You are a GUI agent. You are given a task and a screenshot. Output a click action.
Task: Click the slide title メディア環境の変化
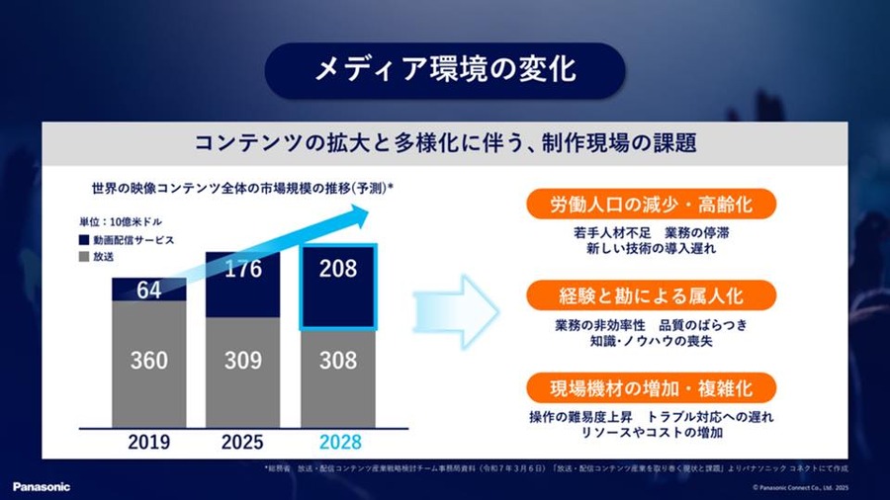[444, 70]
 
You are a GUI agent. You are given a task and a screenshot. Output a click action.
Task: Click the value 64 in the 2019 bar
[148, 290]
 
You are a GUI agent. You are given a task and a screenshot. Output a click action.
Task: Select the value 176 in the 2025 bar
[243, 270]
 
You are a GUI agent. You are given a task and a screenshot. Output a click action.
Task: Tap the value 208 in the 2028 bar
[338, 267]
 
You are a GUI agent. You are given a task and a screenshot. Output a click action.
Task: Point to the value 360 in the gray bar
[148, 360]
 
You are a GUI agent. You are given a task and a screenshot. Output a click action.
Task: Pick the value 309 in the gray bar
[243, 360]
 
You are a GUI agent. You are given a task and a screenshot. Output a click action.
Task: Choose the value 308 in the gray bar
[338, 360]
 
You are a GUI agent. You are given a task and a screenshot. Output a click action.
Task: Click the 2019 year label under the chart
[148, 442]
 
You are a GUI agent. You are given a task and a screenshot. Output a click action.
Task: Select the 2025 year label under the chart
[243, 442]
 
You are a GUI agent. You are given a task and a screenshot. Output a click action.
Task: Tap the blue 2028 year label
[338, 442]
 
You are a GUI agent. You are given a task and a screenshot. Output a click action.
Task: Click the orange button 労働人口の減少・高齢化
[651, 206]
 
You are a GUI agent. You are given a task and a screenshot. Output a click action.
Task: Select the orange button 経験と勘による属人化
[651, 295]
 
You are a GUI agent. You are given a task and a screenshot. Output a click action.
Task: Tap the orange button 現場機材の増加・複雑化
[651, 385]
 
